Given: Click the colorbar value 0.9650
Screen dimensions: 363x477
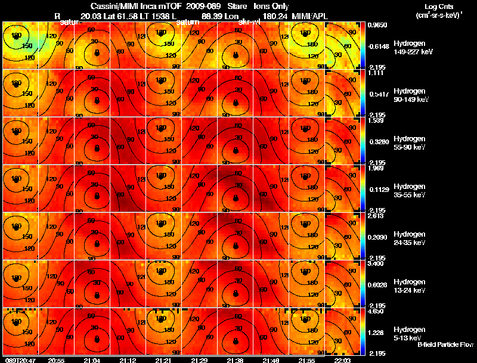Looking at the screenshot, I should click(x=376, y=26).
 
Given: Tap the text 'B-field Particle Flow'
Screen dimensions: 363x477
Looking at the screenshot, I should click(x=445, y=345).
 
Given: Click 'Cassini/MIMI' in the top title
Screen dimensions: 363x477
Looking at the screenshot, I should click(x=114, y=5).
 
